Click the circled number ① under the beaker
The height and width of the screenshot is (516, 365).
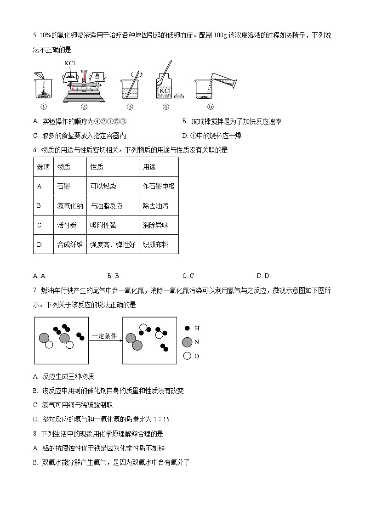click(x=44, y=107)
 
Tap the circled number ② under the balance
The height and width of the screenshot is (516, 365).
click(x=84, y=107)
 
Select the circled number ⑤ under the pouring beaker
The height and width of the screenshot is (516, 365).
click(x=210, y=107)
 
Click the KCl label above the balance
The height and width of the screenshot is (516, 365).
click(x=70, y=63)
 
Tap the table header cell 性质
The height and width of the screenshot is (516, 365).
click(x=97, y=167)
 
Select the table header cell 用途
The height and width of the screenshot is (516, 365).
click(x=149, y=167)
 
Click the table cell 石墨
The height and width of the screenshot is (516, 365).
click(x=63, y=186)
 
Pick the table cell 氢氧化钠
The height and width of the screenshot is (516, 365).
click(x=69, y=206)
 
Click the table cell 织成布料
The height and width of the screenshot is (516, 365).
click(x=155, y=245)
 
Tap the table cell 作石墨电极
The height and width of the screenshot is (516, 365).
click(x=159, y=186)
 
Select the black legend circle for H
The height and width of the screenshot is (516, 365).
click(x=187, y=329)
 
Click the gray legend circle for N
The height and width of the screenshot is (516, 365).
click(x=187, y=342)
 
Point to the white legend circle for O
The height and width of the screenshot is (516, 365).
click(x=187, y=356)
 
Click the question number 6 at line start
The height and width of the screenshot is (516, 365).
click(x=35, y=150)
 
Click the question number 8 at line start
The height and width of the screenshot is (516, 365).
click(x=35, y=433)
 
